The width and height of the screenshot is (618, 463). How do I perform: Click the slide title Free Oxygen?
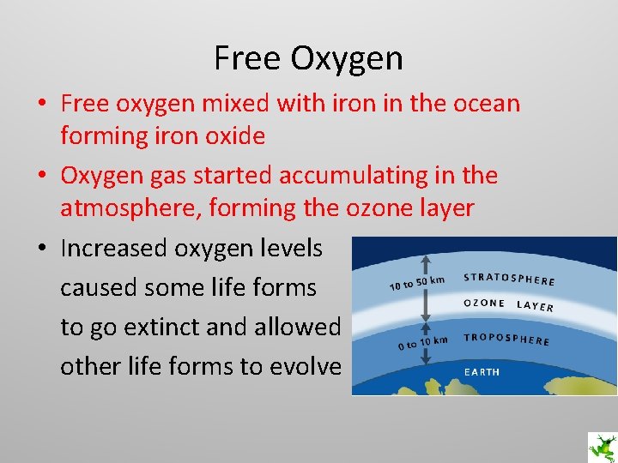pyautogui.click(x=308, y=58)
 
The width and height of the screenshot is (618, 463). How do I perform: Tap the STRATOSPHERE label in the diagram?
pyautogui.click(x=509, y=279)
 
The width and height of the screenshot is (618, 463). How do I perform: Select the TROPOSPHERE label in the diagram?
pyautogui.click(x=506, y=339)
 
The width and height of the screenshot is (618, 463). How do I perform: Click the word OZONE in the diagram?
pyautogui.click(x=484, y=304)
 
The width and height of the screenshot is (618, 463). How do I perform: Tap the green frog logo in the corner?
pyautogui.click(x=601, y=447)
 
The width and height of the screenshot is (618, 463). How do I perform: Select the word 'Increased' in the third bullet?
pyautogui.click(x=113, y=249)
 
